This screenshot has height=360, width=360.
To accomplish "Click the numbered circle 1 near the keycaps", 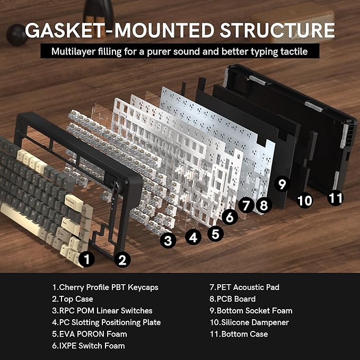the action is (86, 259).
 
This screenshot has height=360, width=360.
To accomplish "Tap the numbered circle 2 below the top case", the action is (122, 260).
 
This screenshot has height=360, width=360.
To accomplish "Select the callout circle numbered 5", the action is (215, 234).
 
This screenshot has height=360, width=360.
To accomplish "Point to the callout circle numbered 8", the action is (264, 205).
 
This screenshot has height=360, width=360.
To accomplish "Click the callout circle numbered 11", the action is (336, 198).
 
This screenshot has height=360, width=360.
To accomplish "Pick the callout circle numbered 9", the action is (282, 183).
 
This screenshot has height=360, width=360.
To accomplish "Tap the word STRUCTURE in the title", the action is (277, 30).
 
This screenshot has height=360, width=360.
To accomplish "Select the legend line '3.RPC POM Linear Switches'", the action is (102, 311).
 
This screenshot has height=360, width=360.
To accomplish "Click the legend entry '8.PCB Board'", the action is (233, 299).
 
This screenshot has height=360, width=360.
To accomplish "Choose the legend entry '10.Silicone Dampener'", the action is (249, 322).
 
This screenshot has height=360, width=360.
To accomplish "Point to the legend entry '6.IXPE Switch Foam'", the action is (89, 346).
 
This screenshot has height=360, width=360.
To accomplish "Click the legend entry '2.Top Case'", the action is (73, 299).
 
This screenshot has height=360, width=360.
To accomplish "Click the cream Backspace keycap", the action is (74, 203).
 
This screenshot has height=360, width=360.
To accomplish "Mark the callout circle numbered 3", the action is (168, 240).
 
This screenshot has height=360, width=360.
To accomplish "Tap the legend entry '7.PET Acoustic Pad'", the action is (244, 287).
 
